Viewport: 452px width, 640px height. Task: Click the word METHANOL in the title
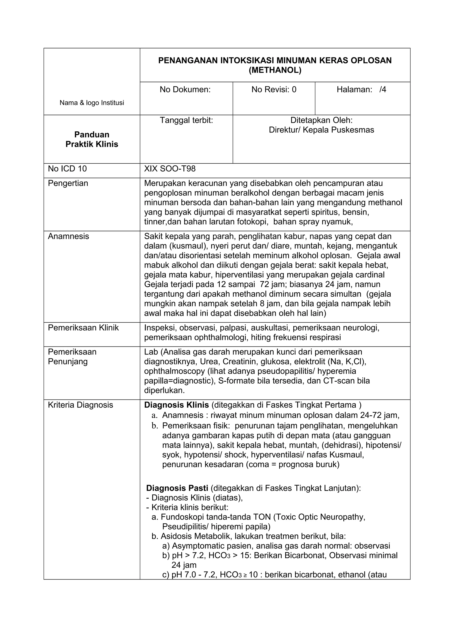coord(275,70)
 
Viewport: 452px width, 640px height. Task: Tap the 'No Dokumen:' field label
coord(185,89)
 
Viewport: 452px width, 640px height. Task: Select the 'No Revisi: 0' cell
coord(274,89)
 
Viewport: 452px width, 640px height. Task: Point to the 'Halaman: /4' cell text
coord(361,89)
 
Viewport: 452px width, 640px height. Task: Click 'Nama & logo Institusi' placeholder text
coord(92,103)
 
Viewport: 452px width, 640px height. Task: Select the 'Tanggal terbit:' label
coord(186,120)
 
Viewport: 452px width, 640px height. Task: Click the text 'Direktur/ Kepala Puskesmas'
coord(321,130)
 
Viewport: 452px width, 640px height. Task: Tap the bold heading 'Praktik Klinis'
coord(92,144)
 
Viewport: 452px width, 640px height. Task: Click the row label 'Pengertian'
coord(68,184)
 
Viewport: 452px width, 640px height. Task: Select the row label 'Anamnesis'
coord(68,236)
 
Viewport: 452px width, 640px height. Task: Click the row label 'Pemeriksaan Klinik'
coord(83,328)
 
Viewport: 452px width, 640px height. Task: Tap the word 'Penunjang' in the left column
coord(68,362)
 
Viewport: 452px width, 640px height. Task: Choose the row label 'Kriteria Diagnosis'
coord(81,405)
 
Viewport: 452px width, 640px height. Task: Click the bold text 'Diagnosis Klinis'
coord(176,405)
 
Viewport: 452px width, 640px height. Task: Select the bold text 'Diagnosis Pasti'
coord(177,488)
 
